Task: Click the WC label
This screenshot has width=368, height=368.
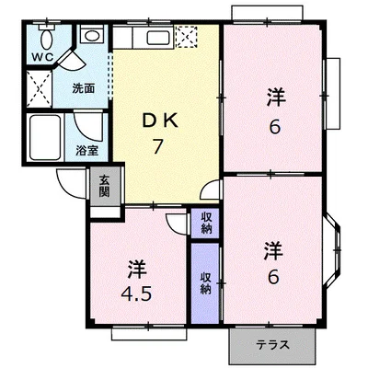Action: (43, 57)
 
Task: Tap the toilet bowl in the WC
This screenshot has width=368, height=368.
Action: (47, 40)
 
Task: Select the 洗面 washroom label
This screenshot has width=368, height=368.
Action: (84, 88)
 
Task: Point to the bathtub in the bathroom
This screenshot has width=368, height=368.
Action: (45, 137)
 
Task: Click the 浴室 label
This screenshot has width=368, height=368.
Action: (86, 151)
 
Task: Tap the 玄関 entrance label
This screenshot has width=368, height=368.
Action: (104, 187)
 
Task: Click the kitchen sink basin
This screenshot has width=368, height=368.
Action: (158, 39)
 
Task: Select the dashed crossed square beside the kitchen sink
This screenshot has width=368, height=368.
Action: (186, 37)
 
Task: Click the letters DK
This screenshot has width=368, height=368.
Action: (159, 121)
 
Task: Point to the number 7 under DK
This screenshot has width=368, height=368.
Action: (157, 146)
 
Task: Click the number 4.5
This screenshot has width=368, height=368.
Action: (136, 295)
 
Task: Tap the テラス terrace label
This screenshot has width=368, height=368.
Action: (272, 345)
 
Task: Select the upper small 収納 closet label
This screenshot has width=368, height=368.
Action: (206, 224)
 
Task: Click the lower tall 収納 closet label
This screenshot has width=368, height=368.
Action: (206, 283)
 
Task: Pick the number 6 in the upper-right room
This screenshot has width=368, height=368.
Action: (275, 126)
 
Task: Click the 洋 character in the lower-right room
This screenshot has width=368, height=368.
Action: (273, 251)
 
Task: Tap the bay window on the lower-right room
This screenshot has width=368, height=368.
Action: (333, 250)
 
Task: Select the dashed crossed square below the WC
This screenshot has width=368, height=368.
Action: (40, 89)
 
